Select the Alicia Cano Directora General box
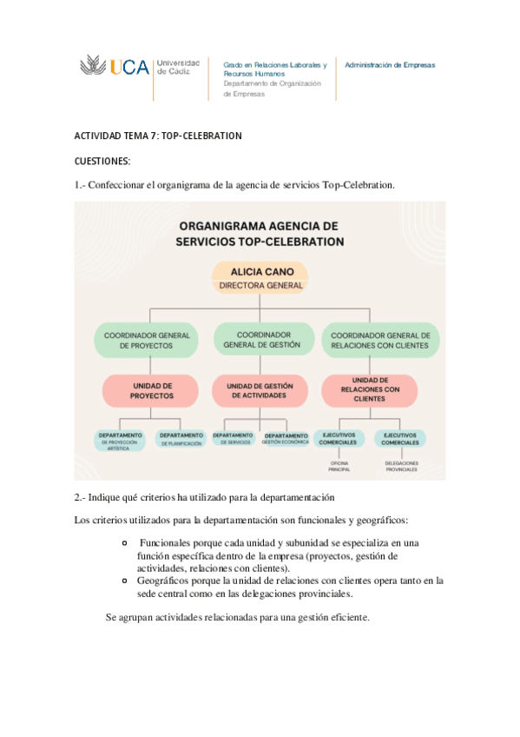click(x=260, y=277)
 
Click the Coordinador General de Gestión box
click(x=260, y=339)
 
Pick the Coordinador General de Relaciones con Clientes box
click(x=381, y=340)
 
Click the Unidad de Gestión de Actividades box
click(x=260, y=390)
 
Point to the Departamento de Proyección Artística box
click(x=121, y=441)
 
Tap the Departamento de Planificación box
click(x=181, y=439)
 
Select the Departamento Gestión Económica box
click(x=286, y=439)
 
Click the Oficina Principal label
click(x=339, y=468)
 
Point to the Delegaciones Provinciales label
click(x=400, y=468)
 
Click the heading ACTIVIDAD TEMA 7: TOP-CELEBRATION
click(x=158, y=136)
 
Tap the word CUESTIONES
click(x=102, y=161)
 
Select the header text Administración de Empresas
click(x=390, y=65)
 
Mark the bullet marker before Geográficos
click(x=127, y=580)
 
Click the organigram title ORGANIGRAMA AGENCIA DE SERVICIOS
click(x=260, y=234)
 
